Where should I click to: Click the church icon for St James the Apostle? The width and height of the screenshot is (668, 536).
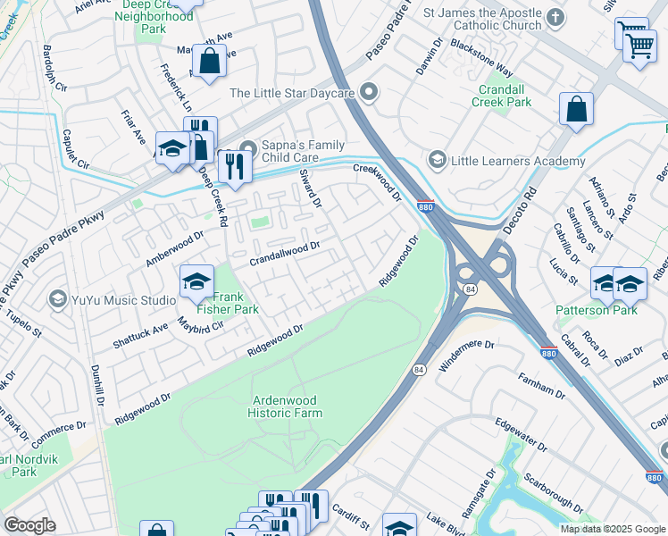click(x=555, y=17)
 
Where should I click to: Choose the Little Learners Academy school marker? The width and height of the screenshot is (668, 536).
click(x=437, y=161)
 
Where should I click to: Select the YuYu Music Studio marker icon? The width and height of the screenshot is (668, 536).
click(x=58, y=298)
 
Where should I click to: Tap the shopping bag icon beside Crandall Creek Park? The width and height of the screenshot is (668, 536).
click(x=577, y=109)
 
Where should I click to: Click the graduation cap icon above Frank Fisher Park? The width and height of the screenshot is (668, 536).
click(x=196, y=282)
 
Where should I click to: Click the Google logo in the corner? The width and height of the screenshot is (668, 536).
click(x=30, y=525)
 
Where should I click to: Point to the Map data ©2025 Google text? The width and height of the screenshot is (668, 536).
click(x=611, y=529)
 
